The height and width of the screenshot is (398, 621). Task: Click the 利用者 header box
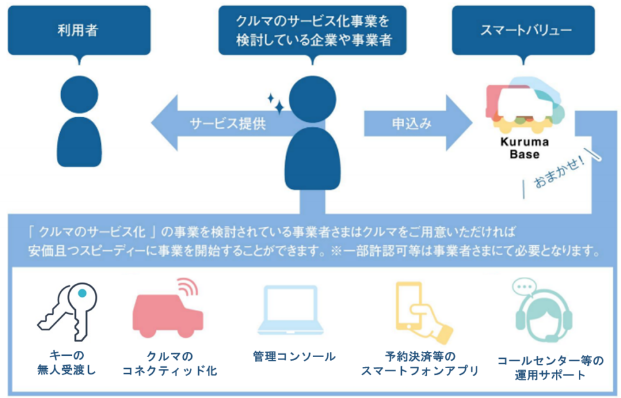[79, 30]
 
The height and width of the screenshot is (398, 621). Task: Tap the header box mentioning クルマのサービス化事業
[313, 30]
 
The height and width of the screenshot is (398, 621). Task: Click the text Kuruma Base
[525, 148]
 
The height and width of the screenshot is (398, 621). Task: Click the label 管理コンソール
[294, 357]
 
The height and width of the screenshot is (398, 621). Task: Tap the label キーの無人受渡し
[64, 364]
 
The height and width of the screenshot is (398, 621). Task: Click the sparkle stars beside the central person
[275, 104]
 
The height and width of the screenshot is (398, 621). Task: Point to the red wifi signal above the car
[187, 287]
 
